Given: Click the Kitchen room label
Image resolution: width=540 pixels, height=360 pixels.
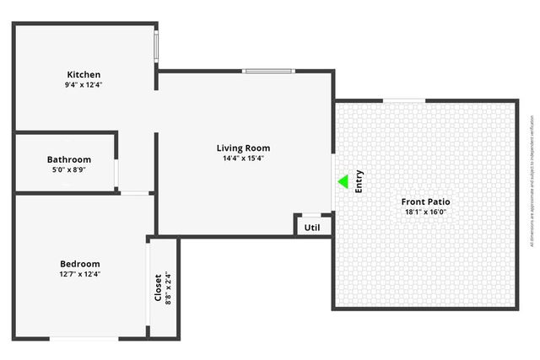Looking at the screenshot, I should [84, 74].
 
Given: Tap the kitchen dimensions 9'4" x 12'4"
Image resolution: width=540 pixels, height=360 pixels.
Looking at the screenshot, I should [84, 84].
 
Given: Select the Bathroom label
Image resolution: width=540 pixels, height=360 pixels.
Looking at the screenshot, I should [69, 159].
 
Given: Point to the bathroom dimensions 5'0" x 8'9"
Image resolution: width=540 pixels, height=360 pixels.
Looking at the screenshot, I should [69, 169].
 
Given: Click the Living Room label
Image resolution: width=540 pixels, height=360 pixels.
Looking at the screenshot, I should [243, 148].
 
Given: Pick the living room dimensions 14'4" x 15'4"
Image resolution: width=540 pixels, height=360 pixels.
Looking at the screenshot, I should [243, 159].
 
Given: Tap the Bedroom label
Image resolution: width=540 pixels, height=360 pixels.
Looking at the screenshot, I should [79, 264].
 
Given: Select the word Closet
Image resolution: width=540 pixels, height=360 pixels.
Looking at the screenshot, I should [158, 287].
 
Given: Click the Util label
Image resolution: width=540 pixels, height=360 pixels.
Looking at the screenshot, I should [312, 227].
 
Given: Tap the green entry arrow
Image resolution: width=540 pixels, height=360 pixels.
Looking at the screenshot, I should [343, 181].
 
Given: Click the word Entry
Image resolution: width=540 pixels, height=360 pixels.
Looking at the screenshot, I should [359, 182].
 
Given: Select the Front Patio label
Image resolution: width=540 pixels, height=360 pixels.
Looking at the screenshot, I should [426, 202].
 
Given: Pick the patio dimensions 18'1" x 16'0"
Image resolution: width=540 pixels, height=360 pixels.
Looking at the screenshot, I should [426, 212].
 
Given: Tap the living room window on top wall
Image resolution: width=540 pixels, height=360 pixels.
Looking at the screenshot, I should [268, 71].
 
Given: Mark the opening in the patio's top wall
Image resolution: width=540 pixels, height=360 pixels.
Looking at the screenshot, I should [404, 100].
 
